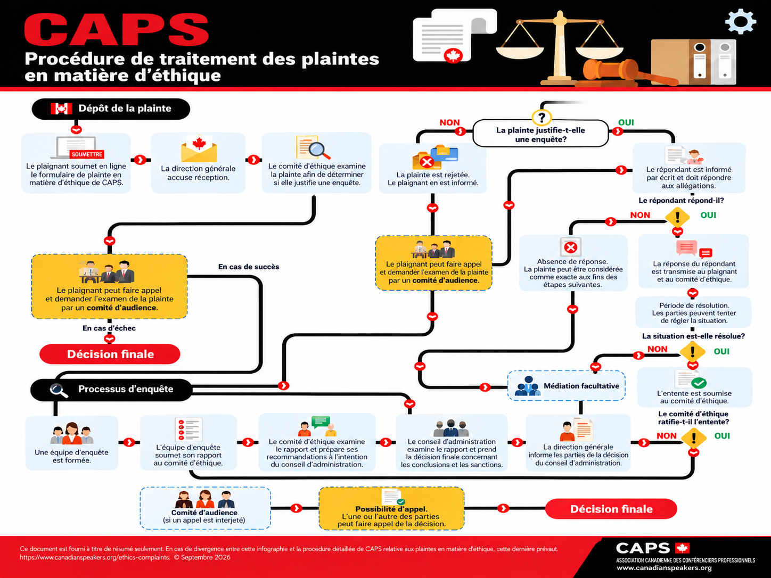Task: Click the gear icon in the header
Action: click(741, 21)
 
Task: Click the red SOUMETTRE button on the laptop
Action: click(87, 154)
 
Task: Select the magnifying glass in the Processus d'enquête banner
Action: click(59, 390)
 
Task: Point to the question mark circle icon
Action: click(542, 117)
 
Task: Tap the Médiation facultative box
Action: click(566, 386)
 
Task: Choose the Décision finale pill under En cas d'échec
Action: click(110, 354)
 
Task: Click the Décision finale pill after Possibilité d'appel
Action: click(611, 509)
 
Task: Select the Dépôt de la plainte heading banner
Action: click(111, 109)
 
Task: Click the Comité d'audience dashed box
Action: click(205, 508)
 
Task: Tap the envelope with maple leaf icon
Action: click(199, 148)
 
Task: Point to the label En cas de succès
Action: click(249, 267)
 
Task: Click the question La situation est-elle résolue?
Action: click(693, 336)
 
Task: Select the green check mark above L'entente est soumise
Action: click(699, 382)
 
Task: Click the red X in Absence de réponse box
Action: click(571, 247)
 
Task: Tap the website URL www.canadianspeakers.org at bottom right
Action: click(664, 568)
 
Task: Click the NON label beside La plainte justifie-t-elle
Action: click(449, 122)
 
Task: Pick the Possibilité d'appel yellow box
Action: click(391, 508)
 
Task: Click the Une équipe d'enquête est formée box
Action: click(72, 443)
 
